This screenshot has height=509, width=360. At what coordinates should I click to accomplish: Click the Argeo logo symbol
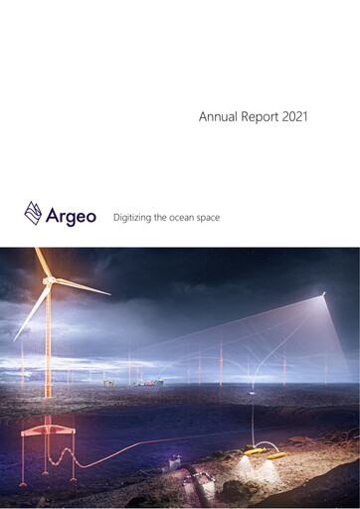34,213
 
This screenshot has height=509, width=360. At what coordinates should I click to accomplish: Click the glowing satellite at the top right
321,293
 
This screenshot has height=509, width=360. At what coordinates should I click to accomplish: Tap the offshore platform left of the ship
108,380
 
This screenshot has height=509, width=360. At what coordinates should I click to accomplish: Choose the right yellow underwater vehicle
276,455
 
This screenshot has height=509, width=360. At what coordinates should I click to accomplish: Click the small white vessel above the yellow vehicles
256,390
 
